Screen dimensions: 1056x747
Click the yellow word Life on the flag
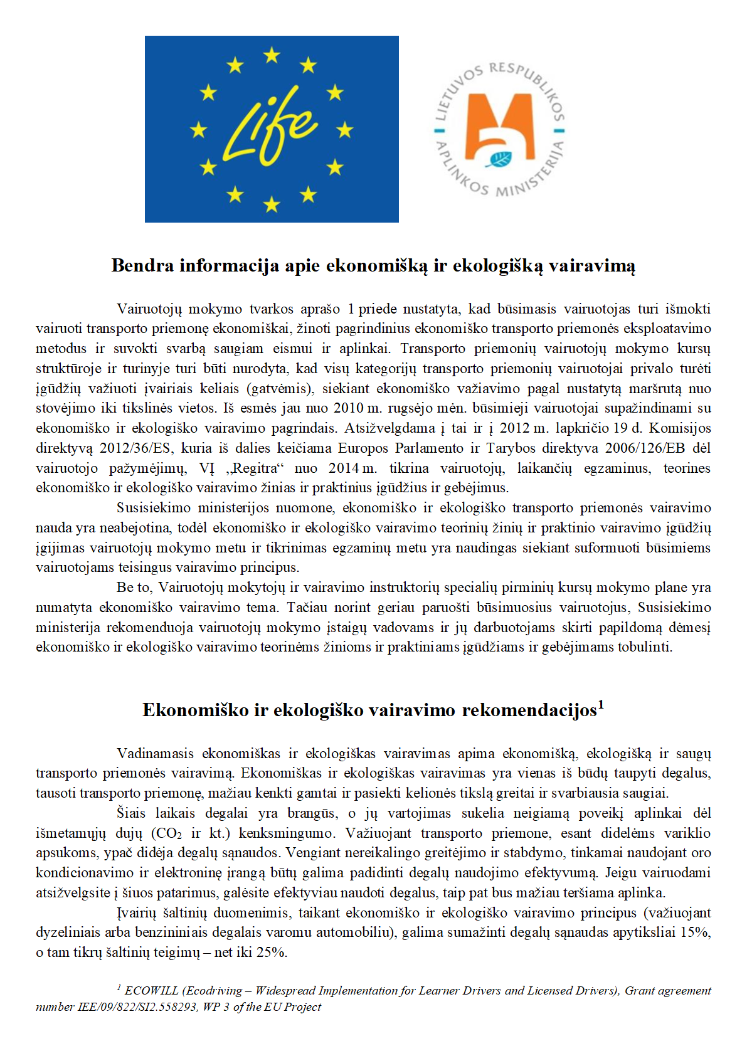(x=270, y=133)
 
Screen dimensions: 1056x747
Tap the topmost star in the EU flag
(x=272, y=56)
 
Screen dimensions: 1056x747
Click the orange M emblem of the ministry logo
(x=499, y=125)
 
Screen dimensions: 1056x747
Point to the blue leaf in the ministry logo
(x=499, y=159)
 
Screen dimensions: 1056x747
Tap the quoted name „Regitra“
(x=253, y=468)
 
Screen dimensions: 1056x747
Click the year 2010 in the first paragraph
(x=348, y=408)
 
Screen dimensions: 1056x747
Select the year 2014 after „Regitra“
(x=344, y=468)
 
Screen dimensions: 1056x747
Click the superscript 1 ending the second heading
(x=601, y=704)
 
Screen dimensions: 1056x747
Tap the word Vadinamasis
(x=156, y=754)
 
